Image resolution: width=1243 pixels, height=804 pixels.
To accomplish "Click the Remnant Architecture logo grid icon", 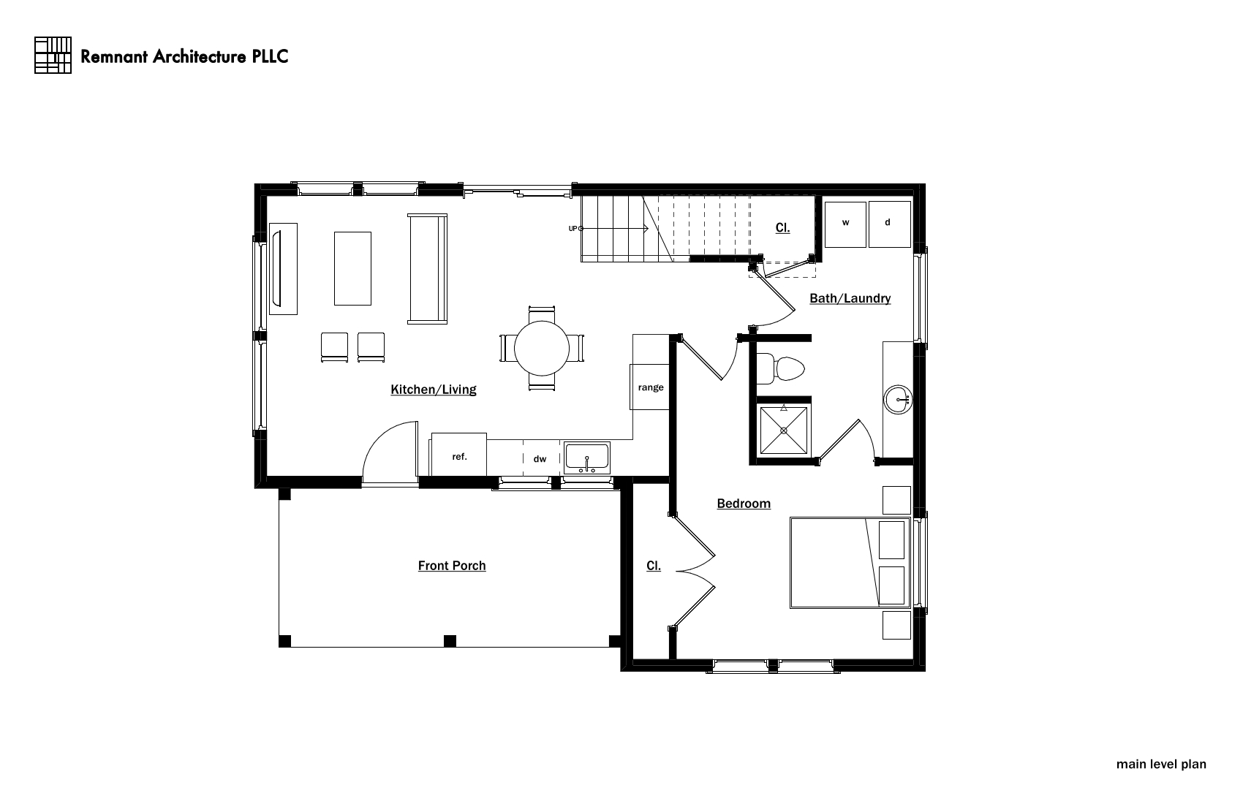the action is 53,55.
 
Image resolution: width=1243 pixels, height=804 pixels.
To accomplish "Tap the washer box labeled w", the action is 845,224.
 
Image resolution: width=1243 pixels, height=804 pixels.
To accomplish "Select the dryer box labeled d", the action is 890,224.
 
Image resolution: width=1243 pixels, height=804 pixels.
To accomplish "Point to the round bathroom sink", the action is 898,400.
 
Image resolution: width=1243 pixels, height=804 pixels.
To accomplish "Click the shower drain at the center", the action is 784,431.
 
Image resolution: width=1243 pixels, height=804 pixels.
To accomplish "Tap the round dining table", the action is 542,349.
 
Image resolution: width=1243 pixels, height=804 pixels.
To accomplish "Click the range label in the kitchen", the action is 651,387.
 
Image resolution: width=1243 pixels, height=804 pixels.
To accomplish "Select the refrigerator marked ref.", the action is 459,455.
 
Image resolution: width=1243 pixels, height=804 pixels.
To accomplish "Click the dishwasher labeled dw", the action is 540,459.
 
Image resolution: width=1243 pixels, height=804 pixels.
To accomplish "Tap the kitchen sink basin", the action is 587,458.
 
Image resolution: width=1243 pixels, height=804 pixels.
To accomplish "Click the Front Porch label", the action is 452,566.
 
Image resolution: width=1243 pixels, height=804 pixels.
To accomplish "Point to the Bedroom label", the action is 744,504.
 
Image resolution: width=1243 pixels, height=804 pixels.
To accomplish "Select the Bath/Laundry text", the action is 850,298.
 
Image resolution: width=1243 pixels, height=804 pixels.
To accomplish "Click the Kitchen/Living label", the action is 434,390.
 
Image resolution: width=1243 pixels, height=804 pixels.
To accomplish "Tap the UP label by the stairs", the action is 573,229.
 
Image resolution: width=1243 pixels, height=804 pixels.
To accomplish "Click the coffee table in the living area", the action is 352,268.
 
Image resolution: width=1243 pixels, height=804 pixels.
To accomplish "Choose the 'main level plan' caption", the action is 1161,764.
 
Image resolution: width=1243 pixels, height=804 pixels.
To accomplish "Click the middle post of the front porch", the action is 450,642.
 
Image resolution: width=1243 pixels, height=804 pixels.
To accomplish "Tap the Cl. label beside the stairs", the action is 782,227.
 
